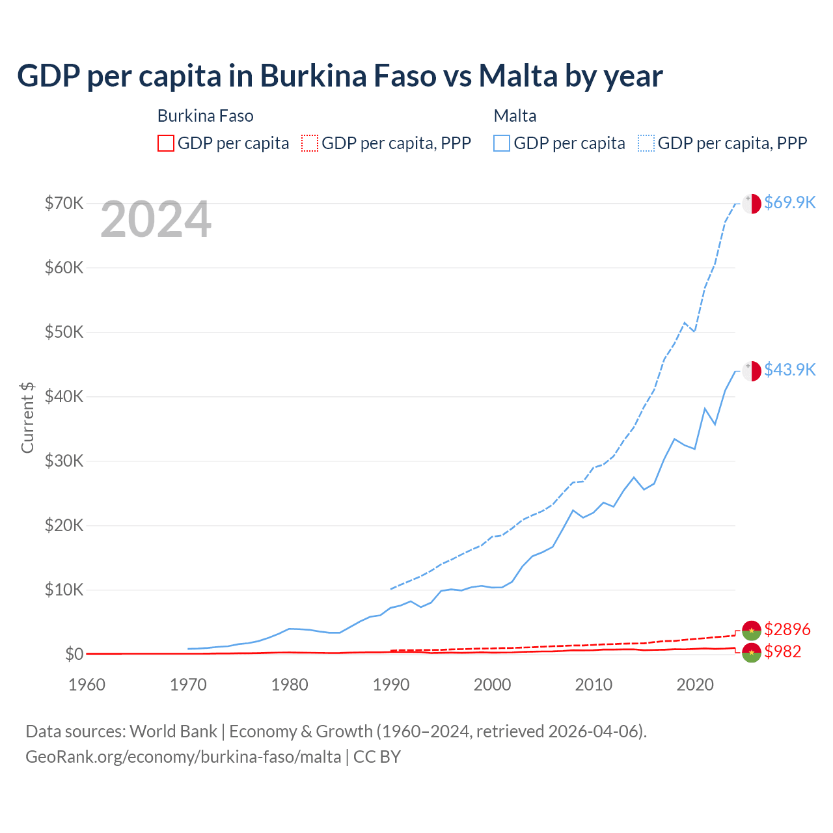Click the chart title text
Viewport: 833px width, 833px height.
click(x=340, y=76)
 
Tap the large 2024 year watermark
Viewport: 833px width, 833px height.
click(x=156, y=220)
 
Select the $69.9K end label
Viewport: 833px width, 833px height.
click(x=789, y=202)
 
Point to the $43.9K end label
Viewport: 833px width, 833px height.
click(x=789, y=370)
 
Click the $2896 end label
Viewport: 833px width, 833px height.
click(x=787, y=629)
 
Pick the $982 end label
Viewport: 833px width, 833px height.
click(x=783, y=651)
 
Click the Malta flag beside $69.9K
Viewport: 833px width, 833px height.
click(x=752, y=203)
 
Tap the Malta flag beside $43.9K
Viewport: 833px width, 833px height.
click(x=752, y=370)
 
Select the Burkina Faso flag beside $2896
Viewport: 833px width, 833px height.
click(x=752, y=630)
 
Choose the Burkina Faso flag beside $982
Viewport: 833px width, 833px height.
click(x=752, y=652)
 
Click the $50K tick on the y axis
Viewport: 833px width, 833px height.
click(x=64, y=332)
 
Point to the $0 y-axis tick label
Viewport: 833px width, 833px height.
click(x=74, y=654)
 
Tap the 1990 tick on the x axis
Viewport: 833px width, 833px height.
click(x=391, y=685)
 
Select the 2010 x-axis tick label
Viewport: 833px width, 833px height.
click(x=594, y=685)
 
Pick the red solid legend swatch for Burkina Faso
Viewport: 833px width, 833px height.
click(x=166, y=143)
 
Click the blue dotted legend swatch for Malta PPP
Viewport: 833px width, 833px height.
click(x=646, y=143)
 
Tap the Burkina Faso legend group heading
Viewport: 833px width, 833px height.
click(x=206, y=116)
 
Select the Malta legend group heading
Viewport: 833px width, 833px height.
click(x=515, y=116)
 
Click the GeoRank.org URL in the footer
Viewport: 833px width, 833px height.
click(x=183, y=757)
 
